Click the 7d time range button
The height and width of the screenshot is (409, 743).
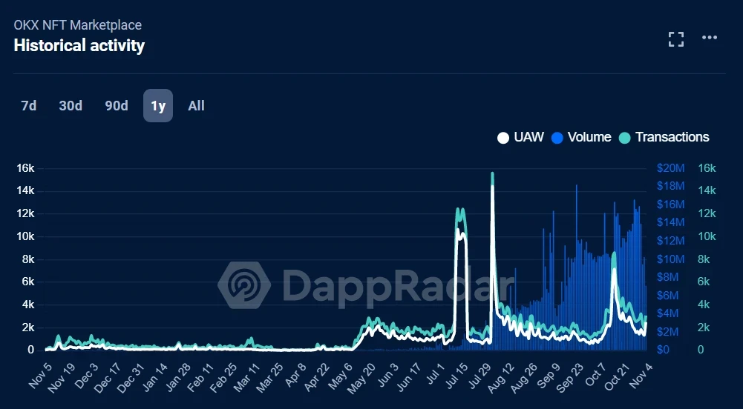(28, 106)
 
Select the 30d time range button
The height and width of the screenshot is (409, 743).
(71, 106)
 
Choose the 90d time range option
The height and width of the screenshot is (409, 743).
(117, 106)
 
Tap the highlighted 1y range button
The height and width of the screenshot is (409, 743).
(158, 106)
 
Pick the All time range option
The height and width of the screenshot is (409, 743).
(196, 106)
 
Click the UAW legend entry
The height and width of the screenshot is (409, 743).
(521, 137)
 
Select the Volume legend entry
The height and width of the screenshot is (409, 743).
(582, 137)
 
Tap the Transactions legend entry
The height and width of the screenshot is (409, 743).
(664, 137)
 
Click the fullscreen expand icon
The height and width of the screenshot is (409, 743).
(675, 39)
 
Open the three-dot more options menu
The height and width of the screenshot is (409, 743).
(710, 39)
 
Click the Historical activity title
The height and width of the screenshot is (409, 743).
(79, 46)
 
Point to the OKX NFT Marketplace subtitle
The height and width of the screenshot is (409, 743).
(77, 25)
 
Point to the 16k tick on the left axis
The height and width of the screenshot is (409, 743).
(25, 168)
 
